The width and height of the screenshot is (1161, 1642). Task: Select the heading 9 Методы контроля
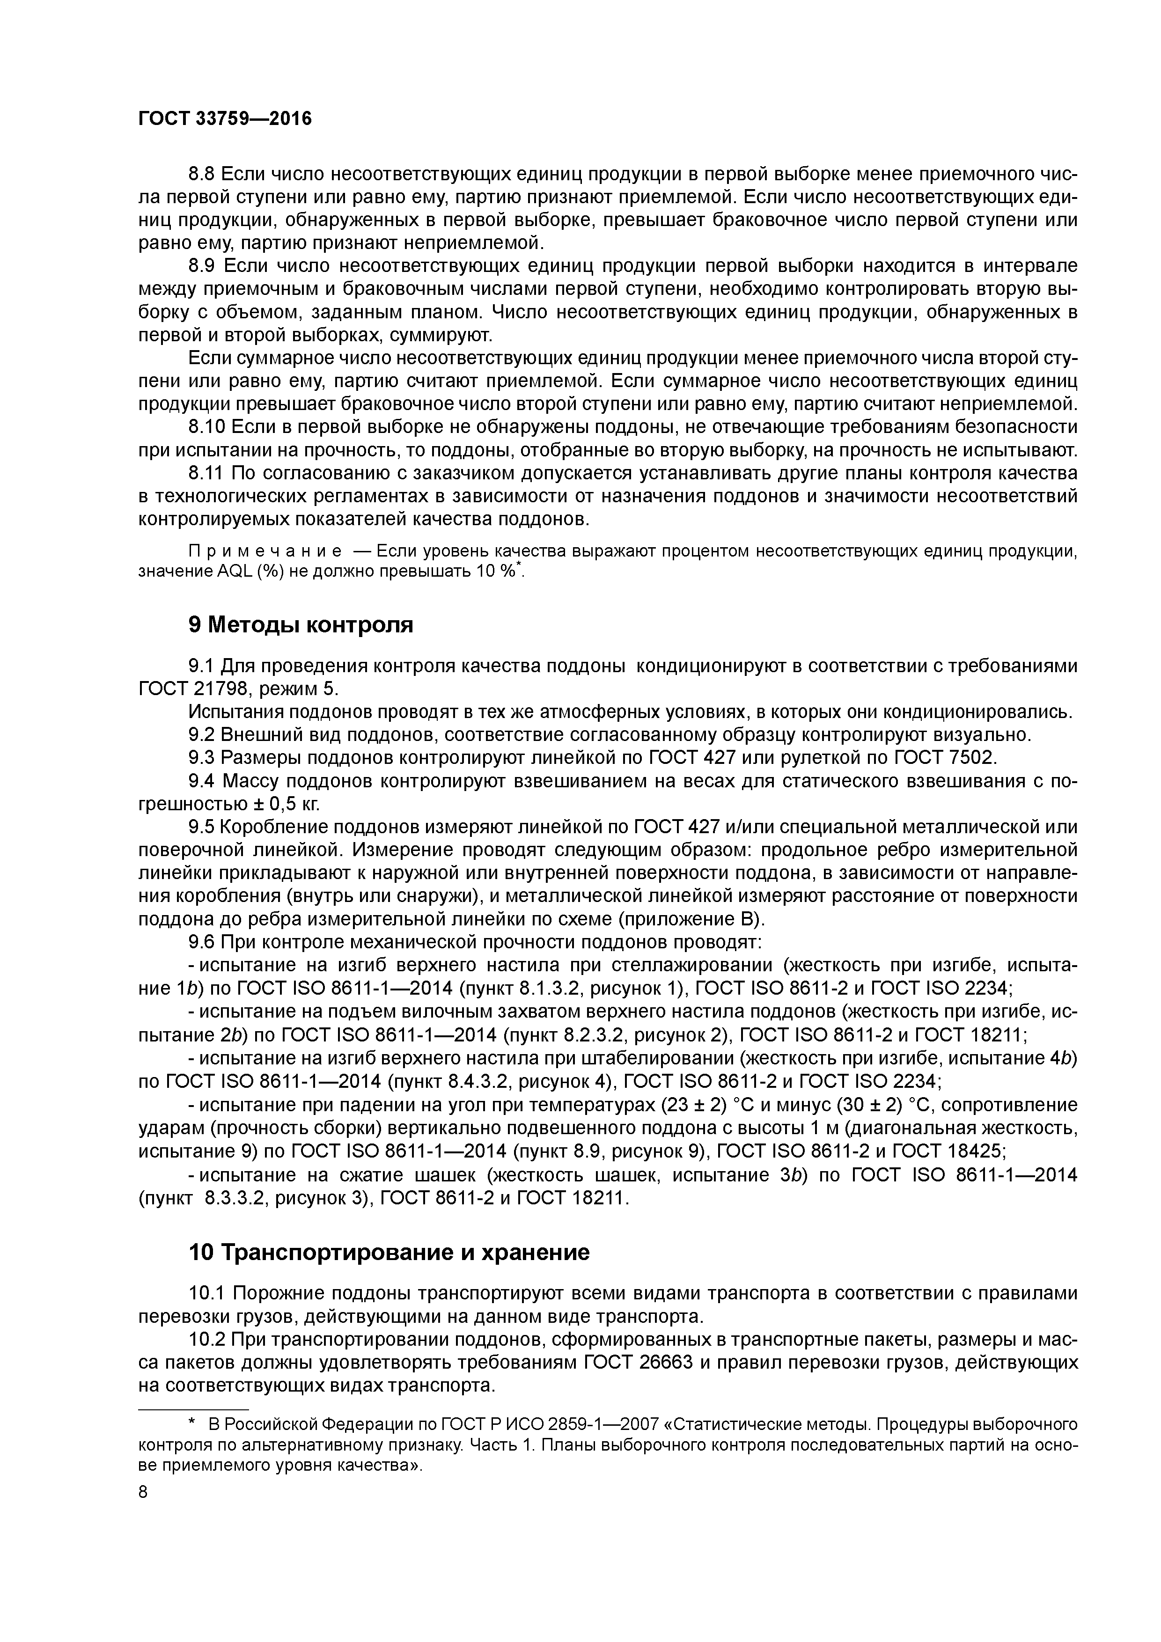(301, 624)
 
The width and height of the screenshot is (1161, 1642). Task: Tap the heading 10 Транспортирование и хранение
(389, 1252)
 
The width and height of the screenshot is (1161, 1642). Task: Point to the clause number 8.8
(202, 174)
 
